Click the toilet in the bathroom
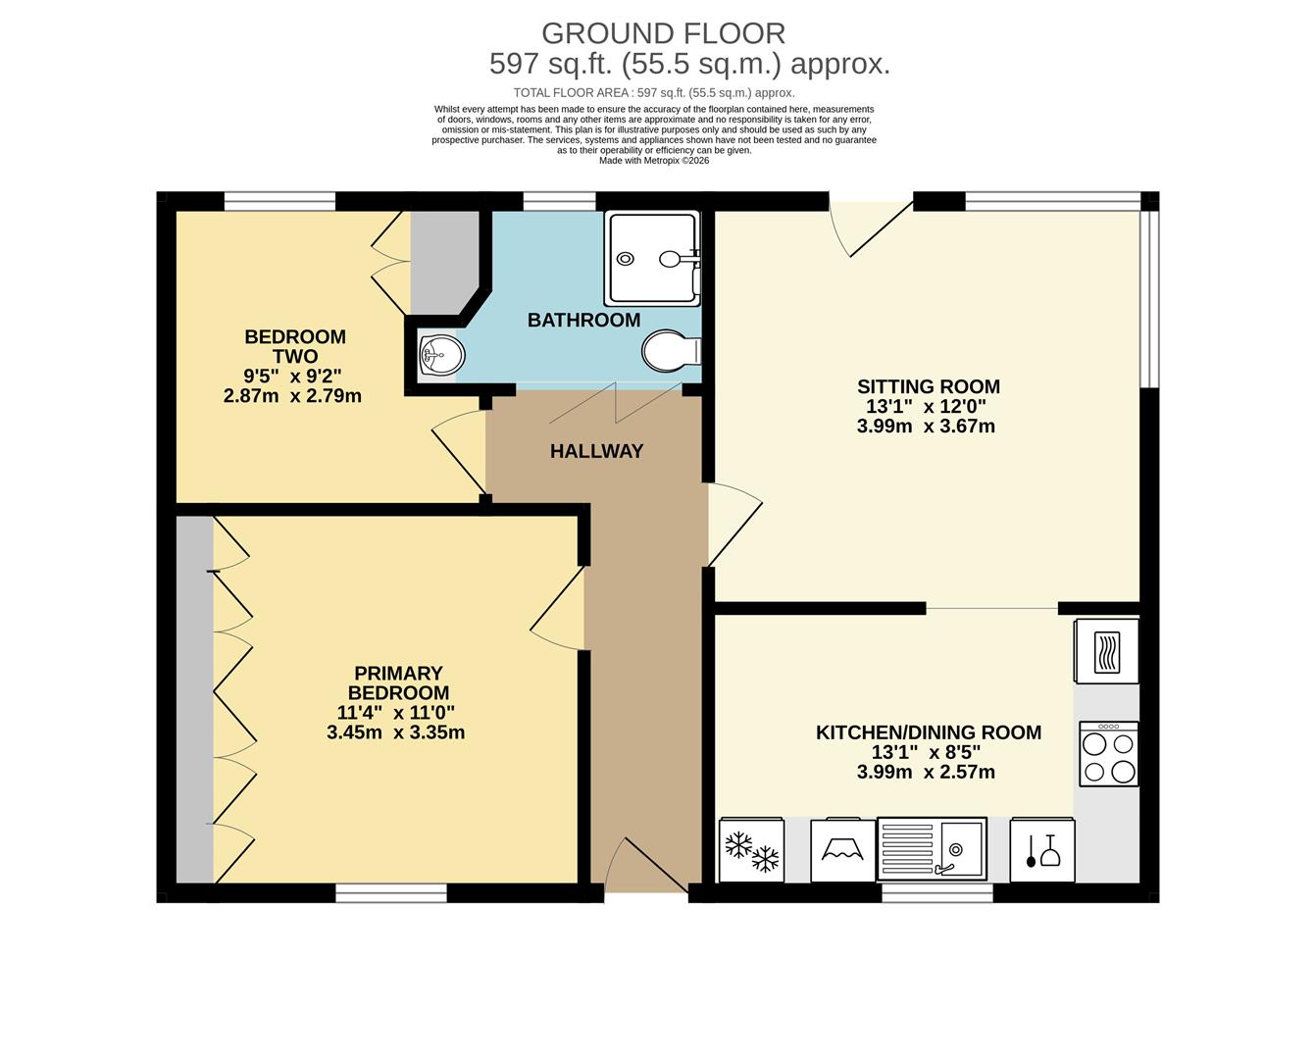click(670, 351)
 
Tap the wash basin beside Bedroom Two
click(439, 354)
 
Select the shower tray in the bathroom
click(652, 258)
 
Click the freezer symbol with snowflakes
click(751, 850)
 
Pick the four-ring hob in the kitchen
click(1109, 754)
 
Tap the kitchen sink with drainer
click(932, 848)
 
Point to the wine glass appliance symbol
click(1042, 850)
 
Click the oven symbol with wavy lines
click(1107, 650)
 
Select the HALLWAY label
click(596, 451)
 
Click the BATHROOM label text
click(583, 320)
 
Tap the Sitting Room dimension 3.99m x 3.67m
click(926, 427)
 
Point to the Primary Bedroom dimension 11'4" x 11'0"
click(395, 713)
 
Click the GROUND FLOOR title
click(663, 33)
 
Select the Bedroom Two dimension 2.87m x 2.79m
click(292, 396)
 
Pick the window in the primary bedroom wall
click(391, 892)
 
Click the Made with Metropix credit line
click(654, 161)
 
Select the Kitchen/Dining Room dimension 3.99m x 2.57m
click(926, 773)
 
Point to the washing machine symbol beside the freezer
click(843, 850)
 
